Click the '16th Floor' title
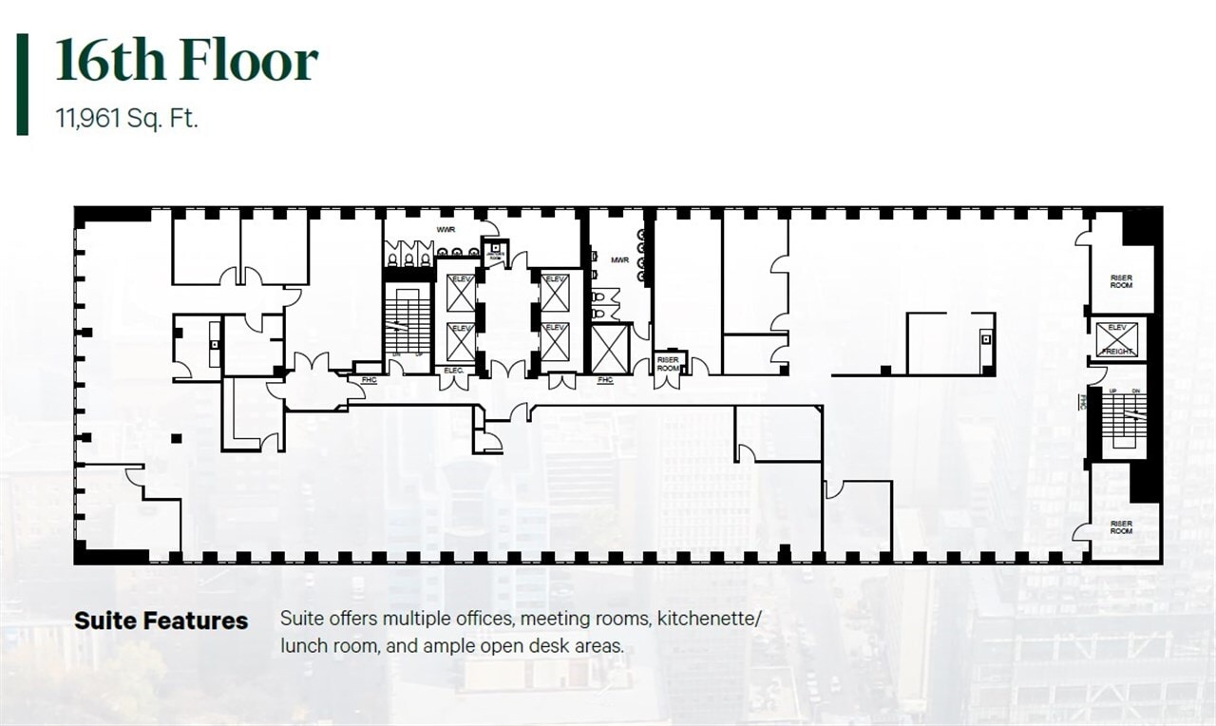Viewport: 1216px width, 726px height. click(x=186, y=62)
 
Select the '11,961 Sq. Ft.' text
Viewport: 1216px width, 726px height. click(x=126, y=120)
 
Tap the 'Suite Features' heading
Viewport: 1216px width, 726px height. click(x=161, y=621)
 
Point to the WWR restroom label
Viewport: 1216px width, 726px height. click(x=446, y=231)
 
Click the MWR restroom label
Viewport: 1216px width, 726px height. click(x=619, y=259)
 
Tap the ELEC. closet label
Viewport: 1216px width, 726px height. click(x=454, y=370)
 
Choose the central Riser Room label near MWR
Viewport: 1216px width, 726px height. click(x=668, y=363)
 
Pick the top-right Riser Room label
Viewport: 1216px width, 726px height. click(x=1121, y=281)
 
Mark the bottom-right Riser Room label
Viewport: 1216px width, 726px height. click(x=1121, y=527)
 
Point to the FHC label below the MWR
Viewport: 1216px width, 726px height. click(x=605, y=380)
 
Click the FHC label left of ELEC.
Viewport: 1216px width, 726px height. click(x=369, y=380)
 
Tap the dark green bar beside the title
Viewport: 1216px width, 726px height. click(x=22, y=85)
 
